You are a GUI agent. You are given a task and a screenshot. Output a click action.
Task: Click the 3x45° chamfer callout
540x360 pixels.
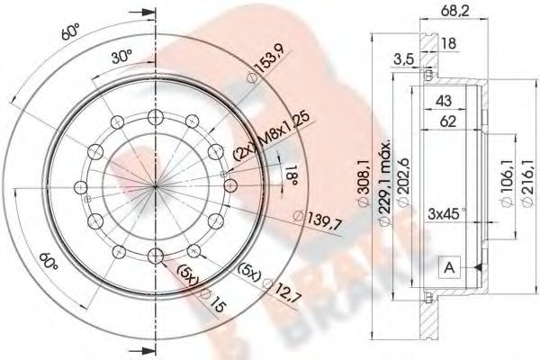click(x=445, y=215)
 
